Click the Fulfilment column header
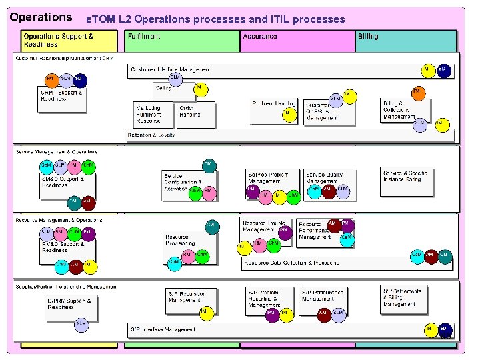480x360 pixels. point(144,36)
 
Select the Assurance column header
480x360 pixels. point(260,36)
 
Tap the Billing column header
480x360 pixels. point(368,36)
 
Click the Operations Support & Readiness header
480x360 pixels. point(59,40)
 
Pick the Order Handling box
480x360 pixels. point(196,114)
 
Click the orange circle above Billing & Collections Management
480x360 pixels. point(418,92)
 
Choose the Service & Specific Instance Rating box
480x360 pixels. point(406,177)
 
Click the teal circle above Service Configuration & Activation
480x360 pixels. point(209,165)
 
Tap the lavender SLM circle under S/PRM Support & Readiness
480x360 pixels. point(81,324)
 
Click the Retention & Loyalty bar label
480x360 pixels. point(151,135)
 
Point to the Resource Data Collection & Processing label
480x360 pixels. point(291,263)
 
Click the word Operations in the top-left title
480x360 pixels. point(41,17)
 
